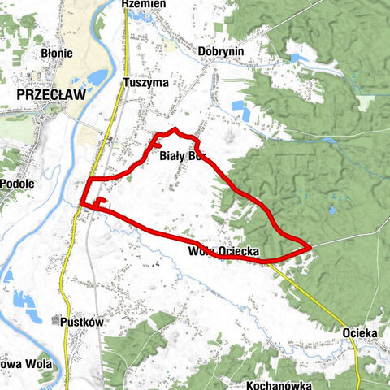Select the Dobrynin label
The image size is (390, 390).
point(221,50)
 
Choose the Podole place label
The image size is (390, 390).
point(16,184)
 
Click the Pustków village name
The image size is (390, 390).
point(83,322)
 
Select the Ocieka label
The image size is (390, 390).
point(361,333)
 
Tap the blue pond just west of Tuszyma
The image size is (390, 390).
point(97,78)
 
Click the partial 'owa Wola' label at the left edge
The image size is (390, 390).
point(24,364)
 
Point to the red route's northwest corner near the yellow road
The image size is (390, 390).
point(89,179)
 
